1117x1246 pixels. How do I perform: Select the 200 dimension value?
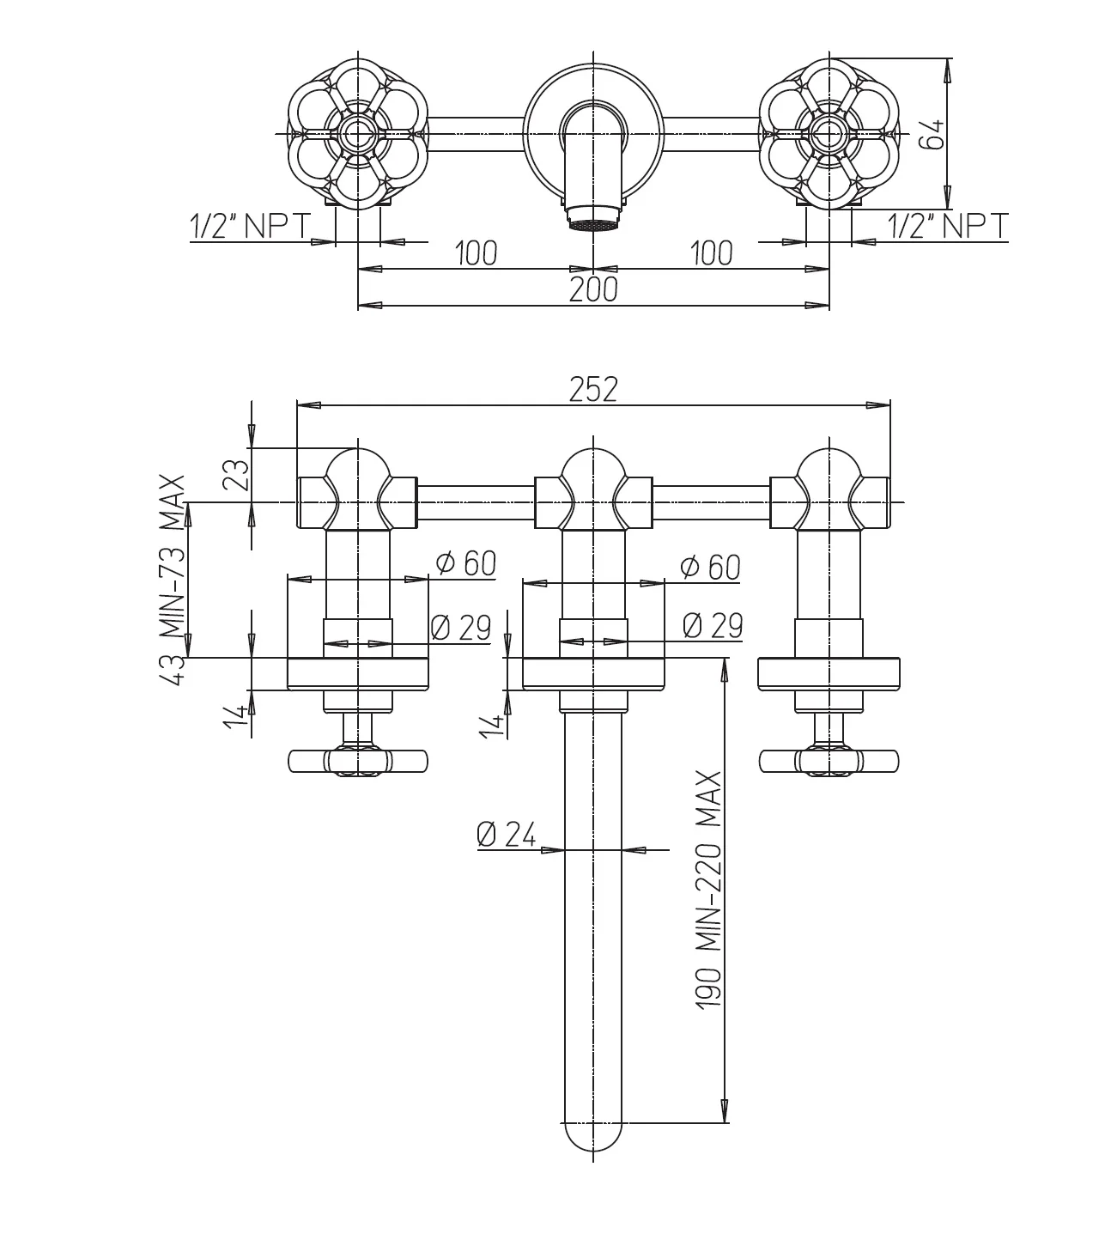coord(593,289)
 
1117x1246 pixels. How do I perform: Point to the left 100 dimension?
coord(476,253)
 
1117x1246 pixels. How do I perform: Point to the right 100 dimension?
coord(711,253)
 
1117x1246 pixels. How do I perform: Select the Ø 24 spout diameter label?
coord(507,834)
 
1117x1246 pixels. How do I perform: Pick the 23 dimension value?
coord(238,474)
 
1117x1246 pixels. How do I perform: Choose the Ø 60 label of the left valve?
coord(466,563)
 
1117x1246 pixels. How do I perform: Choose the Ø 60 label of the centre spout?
coord(709,567)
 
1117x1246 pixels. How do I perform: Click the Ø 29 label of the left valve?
coord(460,628)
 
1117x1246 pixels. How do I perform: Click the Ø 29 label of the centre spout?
coord(712,626)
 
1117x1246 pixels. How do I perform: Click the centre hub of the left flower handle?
coord(356,134)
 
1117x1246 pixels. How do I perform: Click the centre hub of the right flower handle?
coord(829,134)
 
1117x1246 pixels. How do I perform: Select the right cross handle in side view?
coord(829,762)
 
